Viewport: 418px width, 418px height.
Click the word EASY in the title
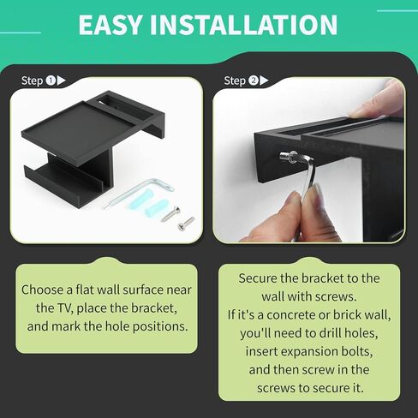[110, 25]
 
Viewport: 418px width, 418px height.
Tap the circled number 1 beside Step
[51, 81]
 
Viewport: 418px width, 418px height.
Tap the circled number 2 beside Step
[254, 81]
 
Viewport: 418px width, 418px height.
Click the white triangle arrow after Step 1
[62, 81]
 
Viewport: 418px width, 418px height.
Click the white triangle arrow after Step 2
[264, 81]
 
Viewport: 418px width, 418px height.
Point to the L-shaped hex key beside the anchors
[139, 192]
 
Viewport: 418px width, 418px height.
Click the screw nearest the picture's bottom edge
[186, 224]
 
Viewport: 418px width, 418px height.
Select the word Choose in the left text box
[42, 290]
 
